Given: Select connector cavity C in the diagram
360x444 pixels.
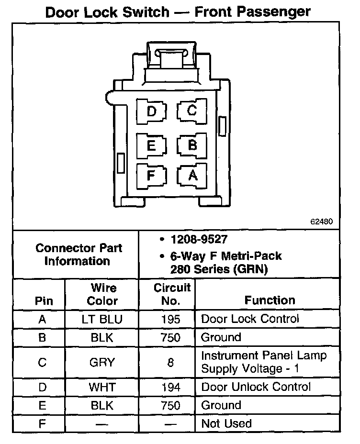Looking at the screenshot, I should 192,111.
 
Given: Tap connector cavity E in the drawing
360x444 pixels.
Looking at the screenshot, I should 151,145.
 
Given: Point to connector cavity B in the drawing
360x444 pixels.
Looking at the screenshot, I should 192,145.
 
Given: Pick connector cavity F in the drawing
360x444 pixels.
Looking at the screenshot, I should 151,176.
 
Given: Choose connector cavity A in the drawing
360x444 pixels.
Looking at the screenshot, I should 192,176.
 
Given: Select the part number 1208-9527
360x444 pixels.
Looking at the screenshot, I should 199,239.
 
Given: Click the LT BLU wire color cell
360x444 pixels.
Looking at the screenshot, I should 102,319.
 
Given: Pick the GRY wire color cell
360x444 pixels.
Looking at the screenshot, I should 102,362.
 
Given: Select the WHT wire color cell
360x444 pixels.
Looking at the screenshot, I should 102,387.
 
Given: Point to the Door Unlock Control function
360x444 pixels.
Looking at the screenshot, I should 256,387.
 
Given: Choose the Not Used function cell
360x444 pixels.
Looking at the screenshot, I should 226,423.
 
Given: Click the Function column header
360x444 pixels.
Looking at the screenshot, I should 270,300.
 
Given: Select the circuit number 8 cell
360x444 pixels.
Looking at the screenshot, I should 170,362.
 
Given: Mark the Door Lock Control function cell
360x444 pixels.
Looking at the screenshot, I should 250,319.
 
